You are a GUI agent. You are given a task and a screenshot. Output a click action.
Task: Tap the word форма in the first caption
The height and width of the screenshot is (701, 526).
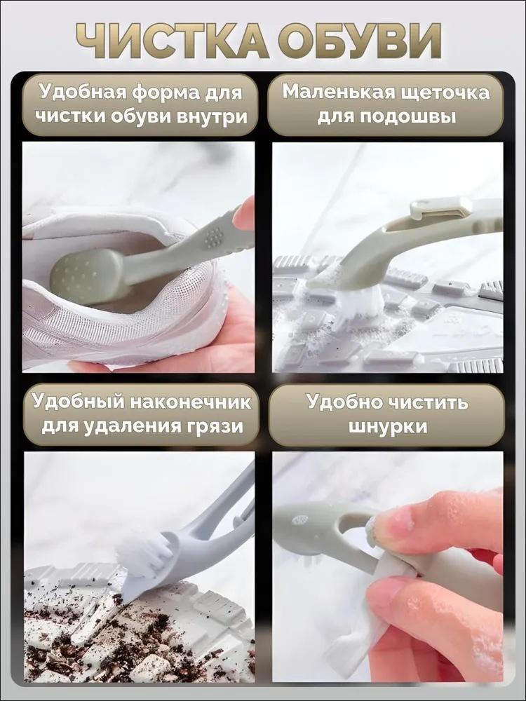(x=170, y=93)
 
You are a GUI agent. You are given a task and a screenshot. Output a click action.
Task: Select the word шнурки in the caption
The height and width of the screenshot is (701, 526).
(x=387, y=426)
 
